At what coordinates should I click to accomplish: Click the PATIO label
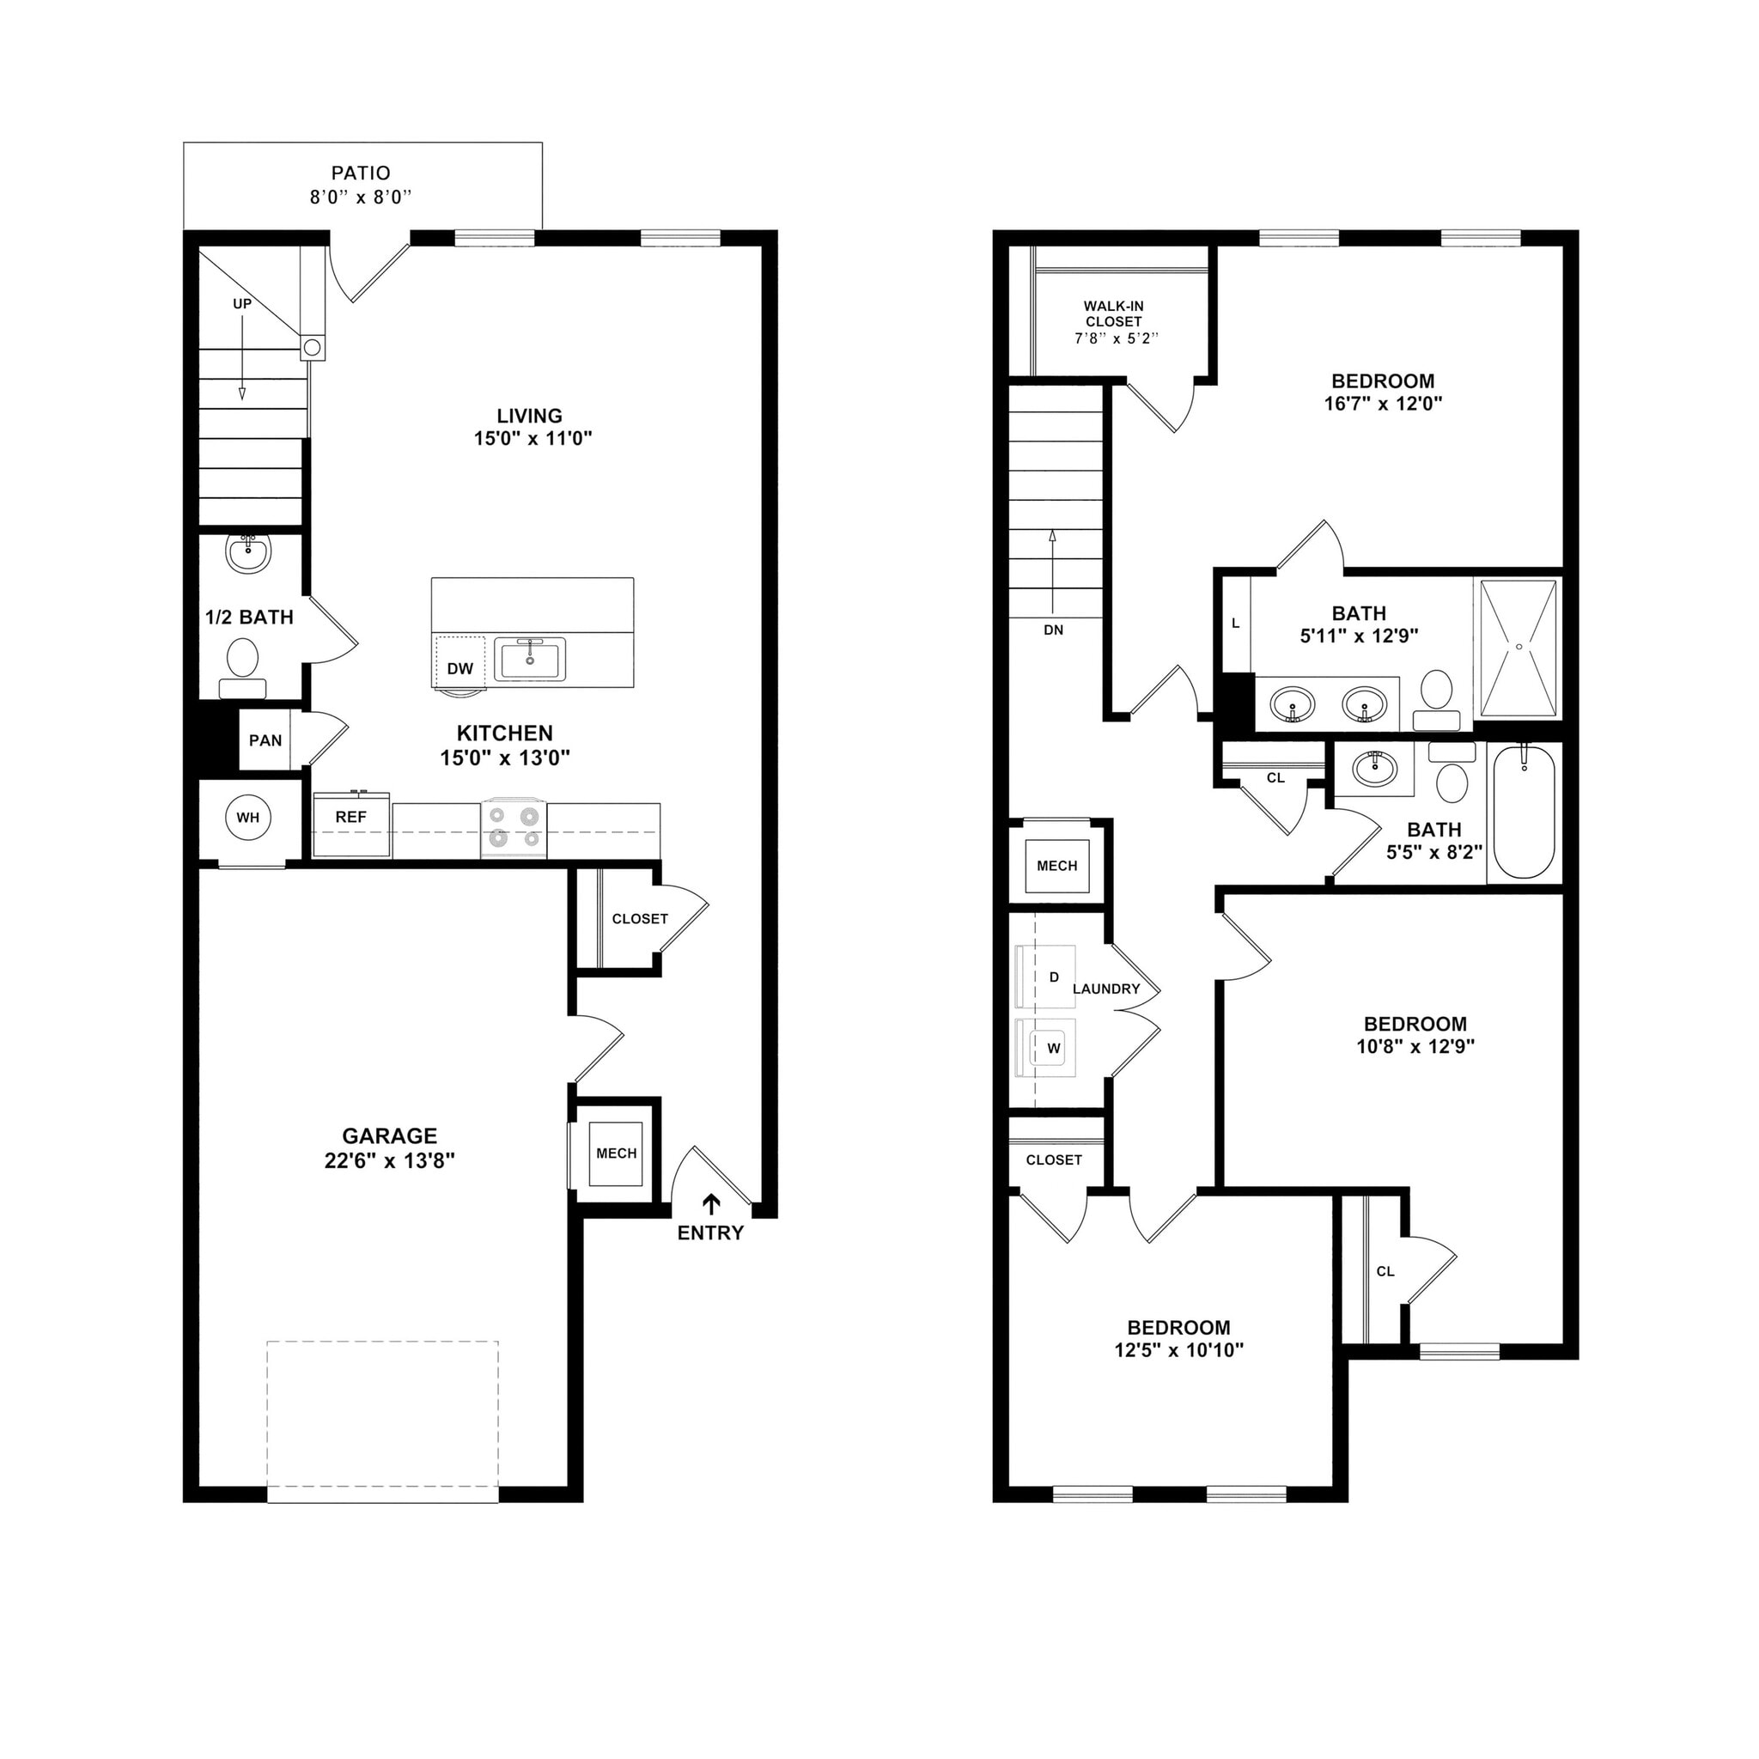[x=361, y=173]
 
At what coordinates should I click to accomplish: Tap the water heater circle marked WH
[x=247, y=817]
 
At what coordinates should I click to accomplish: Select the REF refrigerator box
[x=350, y=825]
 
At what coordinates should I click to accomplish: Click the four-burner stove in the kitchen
[x=514, y=828]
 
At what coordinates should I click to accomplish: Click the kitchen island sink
[x=529, y=658]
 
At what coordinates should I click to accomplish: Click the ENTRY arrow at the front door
[x=711, y=1203]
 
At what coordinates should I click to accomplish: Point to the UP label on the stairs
[x=242, y=304]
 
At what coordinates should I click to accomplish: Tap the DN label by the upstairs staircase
[x=1053, y=630]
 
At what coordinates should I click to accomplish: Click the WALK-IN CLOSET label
[x=1113, y=314]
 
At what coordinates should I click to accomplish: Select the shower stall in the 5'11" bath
[x=1518, y=648]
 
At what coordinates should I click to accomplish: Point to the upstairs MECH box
[x=1056, y=866]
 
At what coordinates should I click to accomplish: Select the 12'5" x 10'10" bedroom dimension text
[x=1178, y=1350]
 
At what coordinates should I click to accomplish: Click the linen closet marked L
[x=1235, y=624]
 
